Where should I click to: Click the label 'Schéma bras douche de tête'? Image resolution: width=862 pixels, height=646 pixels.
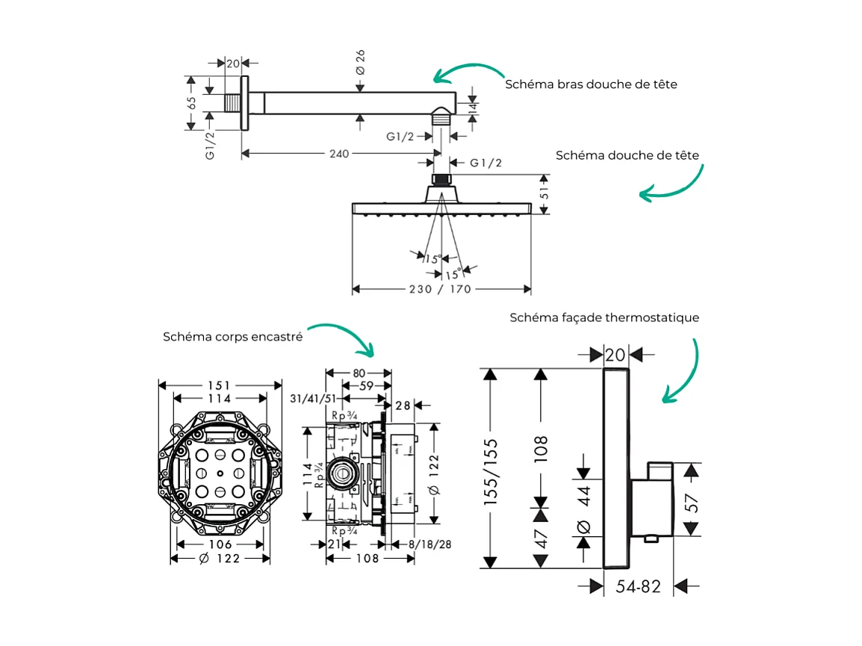click(x=591, y=84)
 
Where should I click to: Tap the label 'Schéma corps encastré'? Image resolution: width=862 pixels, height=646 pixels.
click(x=232, y=337)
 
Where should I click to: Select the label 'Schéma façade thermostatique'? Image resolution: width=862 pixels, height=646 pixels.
click(x=604, y=317)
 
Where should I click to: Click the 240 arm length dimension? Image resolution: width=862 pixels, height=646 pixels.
click(x=339, y=154)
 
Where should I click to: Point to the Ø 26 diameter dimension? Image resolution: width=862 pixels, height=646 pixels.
click(x=360, y=61)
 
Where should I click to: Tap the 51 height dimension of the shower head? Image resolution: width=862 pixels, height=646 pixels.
click(x=545, y=194)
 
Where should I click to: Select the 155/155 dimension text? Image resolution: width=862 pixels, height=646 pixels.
click(x=491, y=472)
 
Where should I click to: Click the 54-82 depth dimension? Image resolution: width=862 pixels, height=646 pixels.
click(x=639, y=587)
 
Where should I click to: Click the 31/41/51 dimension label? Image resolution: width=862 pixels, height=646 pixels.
click(x=311, y=400)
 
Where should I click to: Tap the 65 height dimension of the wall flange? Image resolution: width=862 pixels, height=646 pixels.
click(x=191, y=103)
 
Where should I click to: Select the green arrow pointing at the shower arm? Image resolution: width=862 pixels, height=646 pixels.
click(x=468, y=71)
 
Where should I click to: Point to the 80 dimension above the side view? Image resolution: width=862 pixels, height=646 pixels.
click(x=359, y=373)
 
